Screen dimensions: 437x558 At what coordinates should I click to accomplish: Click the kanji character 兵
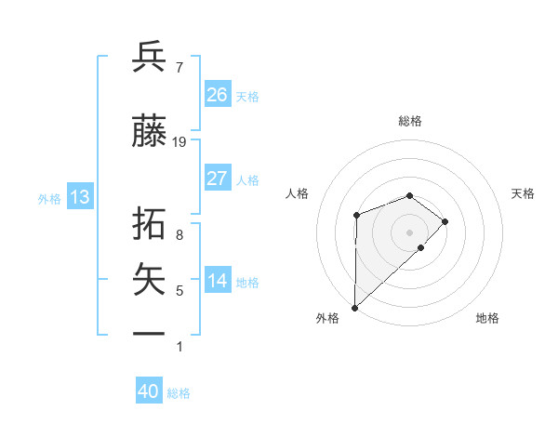point(150,58)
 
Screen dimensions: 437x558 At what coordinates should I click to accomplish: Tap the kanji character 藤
point(150,132)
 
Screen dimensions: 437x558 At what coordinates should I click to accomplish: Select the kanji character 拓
point(150,224)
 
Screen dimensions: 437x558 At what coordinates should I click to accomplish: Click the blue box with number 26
point(218,95)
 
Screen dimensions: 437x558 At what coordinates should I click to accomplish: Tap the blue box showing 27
point(218,179)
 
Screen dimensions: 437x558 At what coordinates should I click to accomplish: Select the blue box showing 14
point(218,281)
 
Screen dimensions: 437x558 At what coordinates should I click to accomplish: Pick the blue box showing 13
point(80,197)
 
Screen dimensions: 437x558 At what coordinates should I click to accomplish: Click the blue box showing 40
point(149,391)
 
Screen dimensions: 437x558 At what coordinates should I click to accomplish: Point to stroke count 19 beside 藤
point(179,142)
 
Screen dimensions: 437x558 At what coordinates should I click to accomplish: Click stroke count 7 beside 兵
point(179,68)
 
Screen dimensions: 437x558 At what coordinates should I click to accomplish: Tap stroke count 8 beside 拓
point(179,235)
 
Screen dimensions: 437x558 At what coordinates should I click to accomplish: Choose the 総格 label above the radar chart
point(409,121)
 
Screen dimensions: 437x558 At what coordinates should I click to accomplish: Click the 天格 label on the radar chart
point(523,193)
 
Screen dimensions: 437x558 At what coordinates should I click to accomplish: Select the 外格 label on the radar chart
point(327,318)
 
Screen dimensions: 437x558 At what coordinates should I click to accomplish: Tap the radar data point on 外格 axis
point(354,307)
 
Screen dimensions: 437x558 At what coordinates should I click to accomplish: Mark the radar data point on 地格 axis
point(421,247)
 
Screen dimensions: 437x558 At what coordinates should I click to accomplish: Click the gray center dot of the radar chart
point(409,232)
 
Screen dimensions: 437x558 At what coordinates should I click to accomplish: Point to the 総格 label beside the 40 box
point(179,393)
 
